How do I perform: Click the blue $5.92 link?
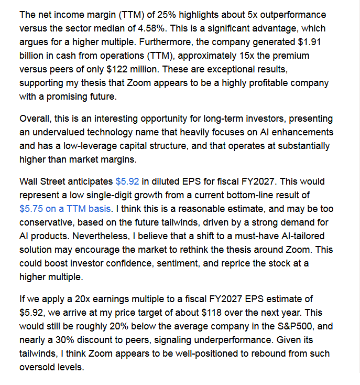pos(127,181)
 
